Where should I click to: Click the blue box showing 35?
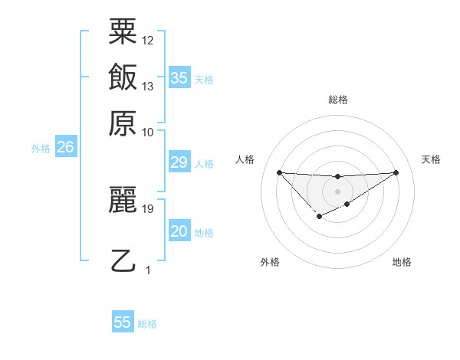(x=179, y=77)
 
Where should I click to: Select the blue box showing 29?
(x=179, y=162)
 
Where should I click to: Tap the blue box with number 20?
(x=179, y=231)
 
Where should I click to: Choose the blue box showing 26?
(x=65, y=147)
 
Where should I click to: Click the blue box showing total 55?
(x=123, y=322)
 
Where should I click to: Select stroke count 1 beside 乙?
(x=148, y=270)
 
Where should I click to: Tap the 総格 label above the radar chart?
(x=337, y=100)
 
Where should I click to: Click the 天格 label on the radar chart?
(x=431, y=159)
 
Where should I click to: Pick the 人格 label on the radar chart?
(x=245, y=159)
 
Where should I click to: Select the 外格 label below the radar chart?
(x=270, y=262)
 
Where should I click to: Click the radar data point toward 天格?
(x=396, y=172)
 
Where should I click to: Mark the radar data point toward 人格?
(x=279, y=172)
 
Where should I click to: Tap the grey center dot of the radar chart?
(x=337, y=191)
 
